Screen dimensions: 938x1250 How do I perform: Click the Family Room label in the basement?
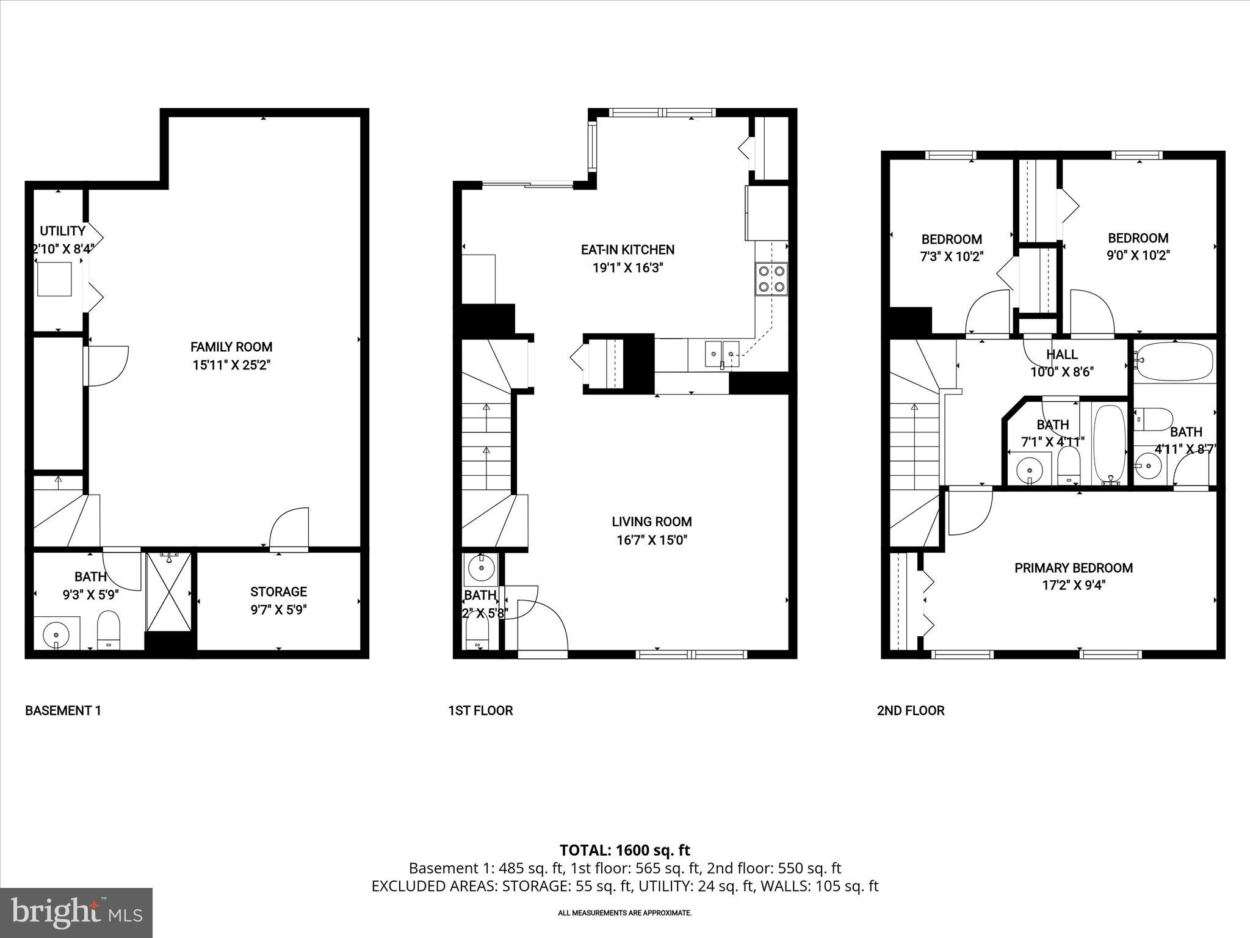tap(231, 347)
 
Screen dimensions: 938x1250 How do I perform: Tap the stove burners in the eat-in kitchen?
tap(771, 279)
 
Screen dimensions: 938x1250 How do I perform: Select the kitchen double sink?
tap(722, 353)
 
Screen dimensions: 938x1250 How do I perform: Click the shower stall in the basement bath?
tap(169, 592)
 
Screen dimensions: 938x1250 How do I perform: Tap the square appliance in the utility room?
tap(54, 278)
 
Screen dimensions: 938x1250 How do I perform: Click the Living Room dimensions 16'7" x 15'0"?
tap(651, 540)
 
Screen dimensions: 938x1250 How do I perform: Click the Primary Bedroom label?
tap(1073, 568)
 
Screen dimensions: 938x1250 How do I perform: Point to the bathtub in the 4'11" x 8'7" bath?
tap(1175, 361)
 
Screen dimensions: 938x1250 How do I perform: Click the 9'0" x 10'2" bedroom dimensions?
tap(1138, 255)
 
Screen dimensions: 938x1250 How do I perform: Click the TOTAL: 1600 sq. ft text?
tap(624, 850)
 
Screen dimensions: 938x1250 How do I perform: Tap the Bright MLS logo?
tap(76, 912)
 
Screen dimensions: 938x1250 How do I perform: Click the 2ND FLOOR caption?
tap(910, 710)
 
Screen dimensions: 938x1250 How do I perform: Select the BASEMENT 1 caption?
tap(63, 710)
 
